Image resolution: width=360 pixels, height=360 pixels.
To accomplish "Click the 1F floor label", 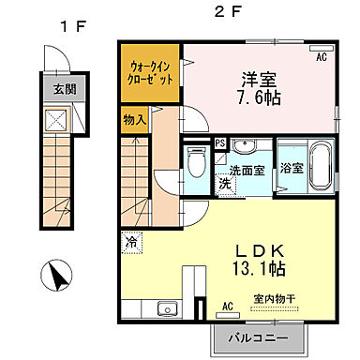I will pos(73,25).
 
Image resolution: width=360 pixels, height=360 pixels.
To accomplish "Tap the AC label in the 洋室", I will pos(322,57).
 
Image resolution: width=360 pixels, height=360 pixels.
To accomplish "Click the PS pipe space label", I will pos(219,143).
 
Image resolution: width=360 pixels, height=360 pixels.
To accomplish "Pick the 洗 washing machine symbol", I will pos(226,184).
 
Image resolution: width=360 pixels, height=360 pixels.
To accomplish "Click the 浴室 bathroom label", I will pos(291,169).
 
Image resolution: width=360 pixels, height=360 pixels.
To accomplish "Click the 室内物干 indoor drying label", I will pos(274,299).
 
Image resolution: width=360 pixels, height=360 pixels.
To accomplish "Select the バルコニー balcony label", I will pos(261,337).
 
